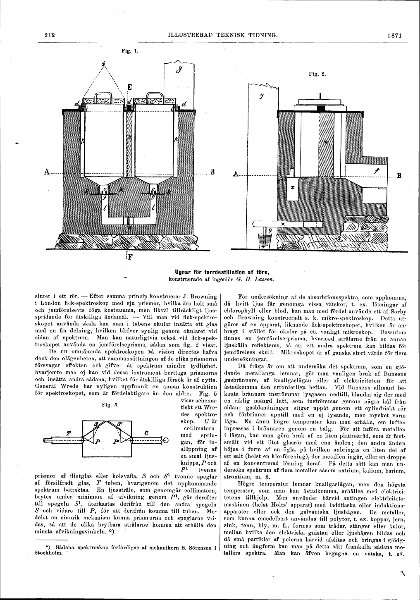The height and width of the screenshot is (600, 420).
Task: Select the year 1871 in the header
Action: pyautogui.click(x=395, y=36)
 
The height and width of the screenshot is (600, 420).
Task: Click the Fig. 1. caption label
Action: pyautogui.click(x=126, y=52)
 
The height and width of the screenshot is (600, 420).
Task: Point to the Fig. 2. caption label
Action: pyautogui.click(x=318, y=75)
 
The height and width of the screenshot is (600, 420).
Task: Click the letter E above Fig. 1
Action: pyautogui.click(x=129, y=88)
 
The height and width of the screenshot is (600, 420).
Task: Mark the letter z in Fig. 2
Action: pyautogui.click(x=292, y=187)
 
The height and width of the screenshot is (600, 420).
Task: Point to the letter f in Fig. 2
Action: pyautogui.click(x=376, y=170)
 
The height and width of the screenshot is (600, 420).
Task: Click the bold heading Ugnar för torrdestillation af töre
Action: pyautogui.click(x=222, y=272)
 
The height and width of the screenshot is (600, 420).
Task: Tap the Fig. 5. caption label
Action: pyautogui.click(x=112, y=405)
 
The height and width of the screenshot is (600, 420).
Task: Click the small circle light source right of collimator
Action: pyautogui.click(x=165, y=440)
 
